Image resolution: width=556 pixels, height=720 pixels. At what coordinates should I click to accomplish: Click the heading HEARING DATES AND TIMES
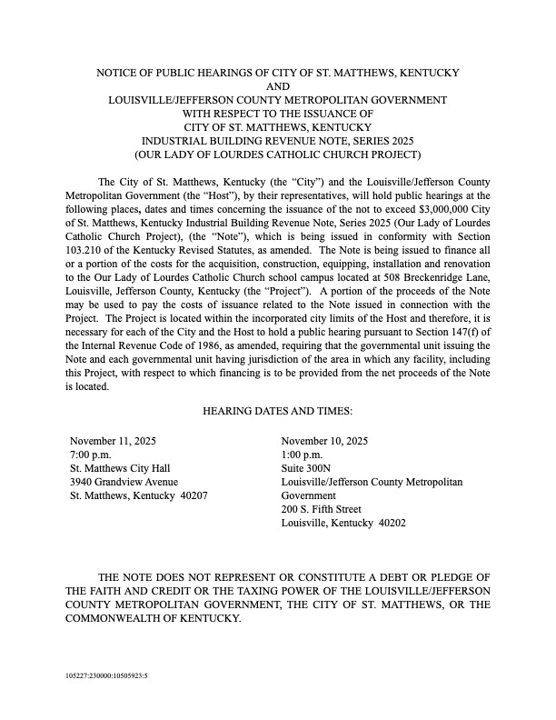coord(278,411)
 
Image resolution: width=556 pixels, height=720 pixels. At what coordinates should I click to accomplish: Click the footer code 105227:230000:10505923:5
coord(107,677)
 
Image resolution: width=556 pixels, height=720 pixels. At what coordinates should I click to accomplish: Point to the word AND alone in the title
coord(278,85)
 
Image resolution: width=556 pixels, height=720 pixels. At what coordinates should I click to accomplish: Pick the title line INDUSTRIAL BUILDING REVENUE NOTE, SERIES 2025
coord(278,140)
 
